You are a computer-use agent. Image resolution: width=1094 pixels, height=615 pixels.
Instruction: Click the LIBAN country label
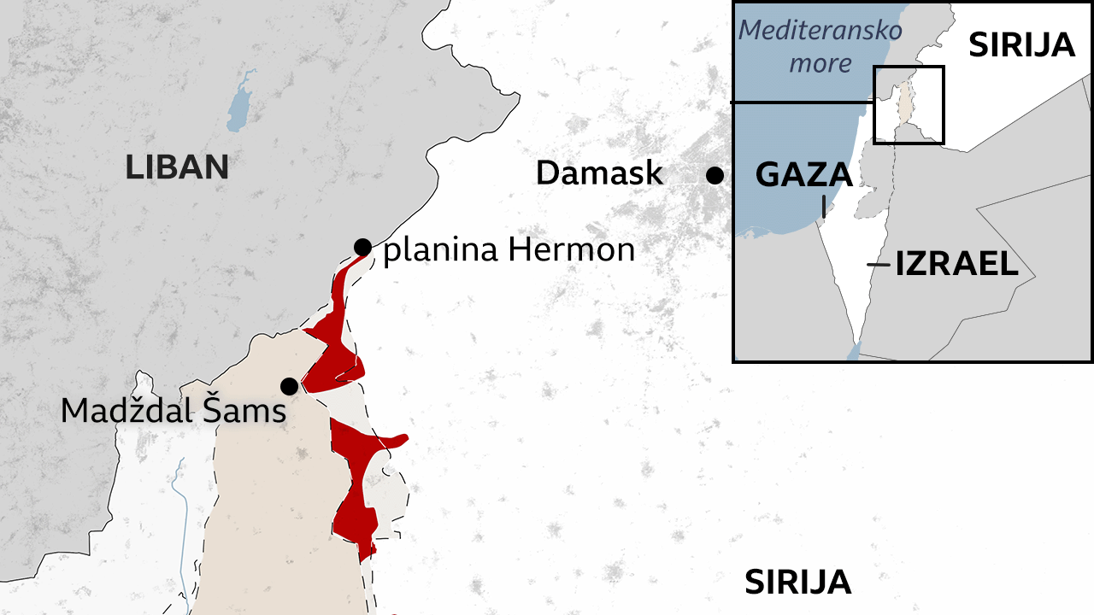[177, 167]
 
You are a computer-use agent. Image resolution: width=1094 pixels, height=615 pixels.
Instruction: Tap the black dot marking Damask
[715, 175]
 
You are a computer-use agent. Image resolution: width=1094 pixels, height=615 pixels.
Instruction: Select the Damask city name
[599, 173]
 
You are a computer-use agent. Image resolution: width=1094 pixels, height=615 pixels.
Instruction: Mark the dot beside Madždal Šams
[290, 386]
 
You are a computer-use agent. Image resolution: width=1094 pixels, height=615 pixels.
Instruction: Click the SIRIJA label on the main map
[797, 583]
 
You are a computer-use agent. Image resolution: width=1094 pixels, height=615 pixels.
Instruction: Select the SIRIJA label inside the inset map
[1021, 44]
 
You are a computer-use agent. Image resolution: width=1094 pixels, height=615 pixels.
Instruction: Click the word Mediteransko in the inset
[820, 31]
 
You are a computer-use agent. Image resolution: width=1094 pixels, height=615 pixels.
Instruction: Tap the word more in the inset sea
[820, 63]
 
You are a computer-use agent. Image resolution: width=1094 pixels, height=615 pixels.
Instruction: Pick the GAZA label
[804, 175]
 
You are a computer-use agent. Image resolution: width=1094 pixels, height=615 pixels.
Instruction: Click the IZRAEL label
[956, 265]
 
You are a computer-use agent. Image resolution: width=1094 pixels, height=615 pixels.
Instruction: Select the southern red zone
[359, 487]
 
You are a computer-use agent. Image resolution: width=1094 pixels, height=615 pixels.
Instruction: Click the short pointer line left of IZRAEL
[878, 265]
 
